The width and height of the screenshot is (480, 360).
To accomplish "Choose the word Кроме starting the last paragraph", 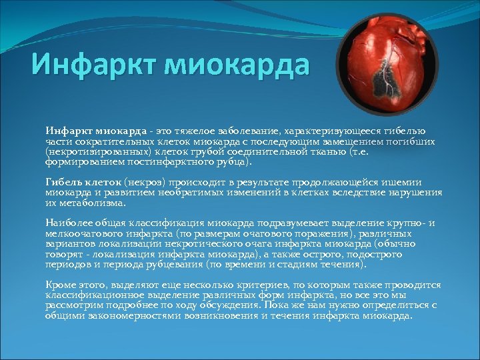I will pos(61,285).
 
